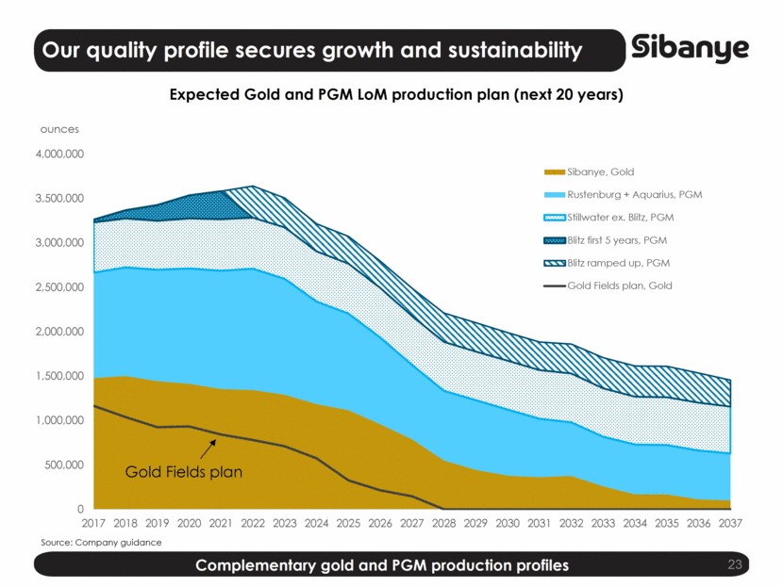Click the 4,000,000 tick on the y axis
click(x=59, y=154)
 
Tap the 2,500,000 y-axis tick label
click(x=59, y=287)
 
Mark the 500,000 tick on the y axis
click(x=64, y=465)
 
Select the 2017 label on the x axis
click(x=93, y=522)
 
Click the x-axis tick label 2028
click(x=441, y=522)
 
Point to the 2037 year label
click(x=730, y=522)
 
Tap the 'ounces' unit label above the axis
click(x=58, y=129)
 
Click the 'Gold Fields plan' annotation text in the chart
click(x=183, y=472)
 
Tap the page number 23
click(x=736, y=565)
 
